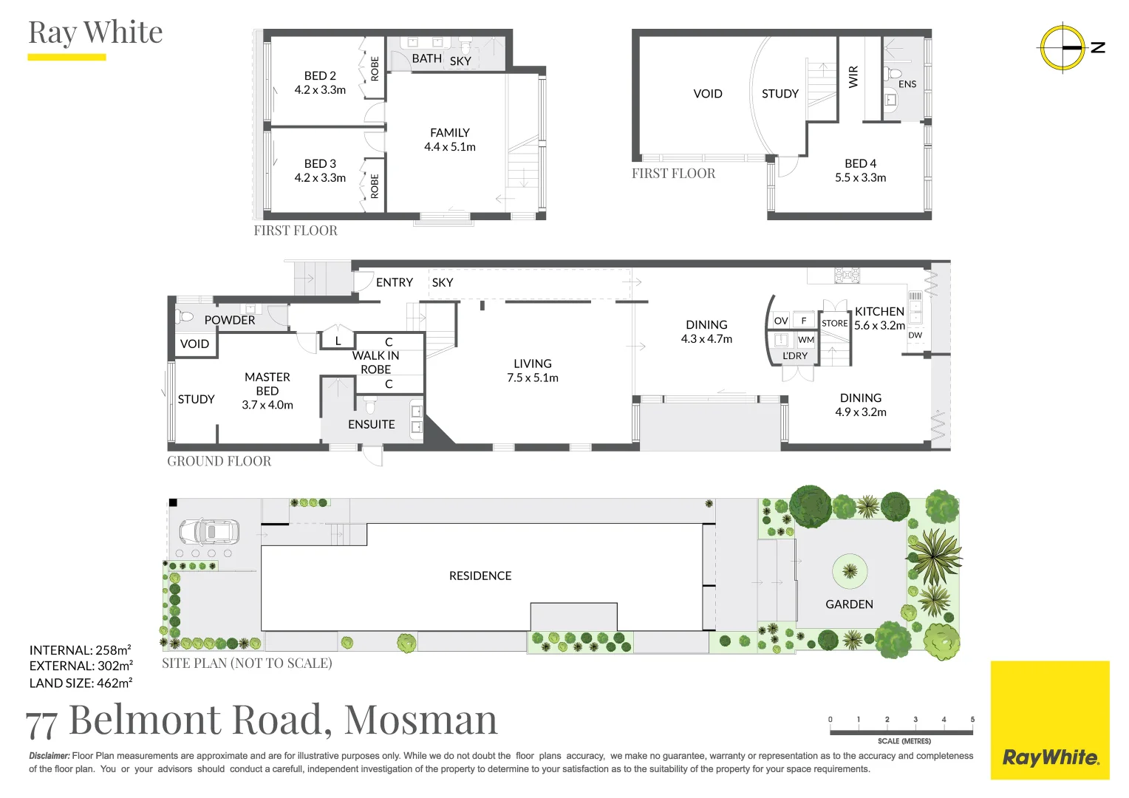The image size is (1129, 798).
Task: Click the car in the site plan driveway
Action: tap(209, 532)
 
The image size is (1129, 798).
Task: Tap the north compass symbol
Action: tap(1063, 48)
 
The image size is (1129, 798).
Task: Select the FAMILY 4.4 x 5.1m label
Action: tap(449, 140)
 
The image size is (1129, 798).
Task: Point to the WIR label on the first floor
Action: tap(853, 77)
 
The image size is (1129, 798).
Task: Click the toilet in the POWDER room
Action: tap(184, 316)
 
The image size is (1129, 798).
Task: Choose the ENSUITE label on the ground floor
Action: tap(372, 424)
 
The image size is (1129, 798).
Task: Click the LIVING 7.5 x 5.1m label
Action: tap(533, 370)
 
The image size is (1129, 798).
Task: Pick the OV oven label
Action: tap(781, 321)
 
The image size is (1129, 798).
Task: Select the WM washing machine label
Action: tap(806, 340)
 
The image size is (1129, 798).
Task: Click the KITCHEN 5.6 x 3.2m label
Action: tap(879, 318)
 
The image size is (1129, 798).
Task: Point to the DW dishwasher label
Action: tap(915, 335)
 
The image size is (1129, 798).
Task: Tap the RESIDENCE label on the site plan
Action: tap(480, 576)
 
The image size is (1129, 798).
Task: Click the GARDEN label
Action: tap(849, 604)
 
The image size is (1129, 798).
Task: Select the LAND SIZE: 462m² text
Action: tap(81, 683)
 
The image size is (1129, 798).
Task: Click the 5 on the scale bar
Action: tap(972, 720)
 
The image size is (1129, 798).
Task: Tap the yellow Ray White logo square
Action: tap(1050, 720)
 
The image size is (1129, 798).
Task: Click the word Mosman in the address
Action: tap(421, 720)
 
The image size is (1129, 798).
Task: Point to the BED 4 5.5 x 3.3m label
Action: tap(860, 171)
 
